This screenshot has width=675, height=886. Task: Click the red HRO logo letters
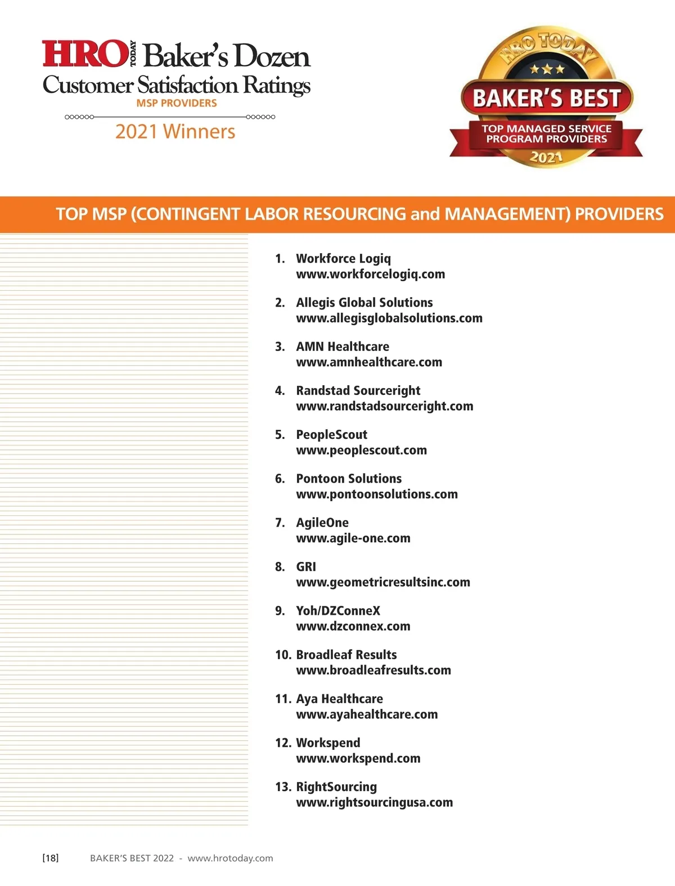click(84, 53)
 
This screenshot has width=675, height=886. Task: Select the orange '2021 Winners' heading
click(175, 132)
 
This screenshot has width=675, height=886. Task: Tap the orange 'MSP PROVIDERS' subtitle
click(177, 104)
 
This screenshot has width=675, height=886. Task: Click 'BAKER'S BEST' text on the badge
click(547, 98)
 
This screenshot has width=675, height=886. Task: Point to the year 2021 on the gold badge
click(546, 157)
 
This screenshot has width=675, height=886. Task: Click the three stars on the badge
click(547, 70)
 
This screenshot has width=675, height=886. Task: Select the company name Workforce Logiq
click(343, 259)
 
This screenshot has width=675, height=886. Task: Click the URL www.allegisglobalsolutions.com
click(389, 318)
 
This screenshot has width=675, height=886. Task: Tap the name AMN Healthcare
click(343, 347)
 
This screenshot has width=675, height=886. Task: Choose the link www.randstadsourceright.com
click(385, 406)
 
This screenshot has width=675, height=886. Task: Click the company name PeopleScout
click(331, 435)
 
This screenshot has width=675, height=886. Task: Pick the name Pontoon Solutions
click(349, 479)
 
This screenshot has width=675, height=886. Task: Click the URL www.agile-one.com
click(353, 538)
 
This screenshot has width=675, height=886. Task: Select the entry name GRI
click(306, 566)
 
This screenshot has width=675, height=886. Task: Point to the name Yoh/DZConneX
click(338, 611)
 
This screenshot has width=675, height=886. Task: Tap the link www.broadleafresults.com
click(373, 671)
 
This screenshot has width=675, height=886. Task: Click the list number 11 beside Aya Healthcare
click(282, 699)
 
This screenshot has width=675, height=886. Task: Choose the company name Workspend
click(328, 743)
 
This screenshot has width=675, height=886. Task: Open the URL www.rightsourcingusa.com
click(375, 803)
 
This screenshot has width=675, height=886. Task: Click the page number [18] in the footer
click(51, 858)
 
